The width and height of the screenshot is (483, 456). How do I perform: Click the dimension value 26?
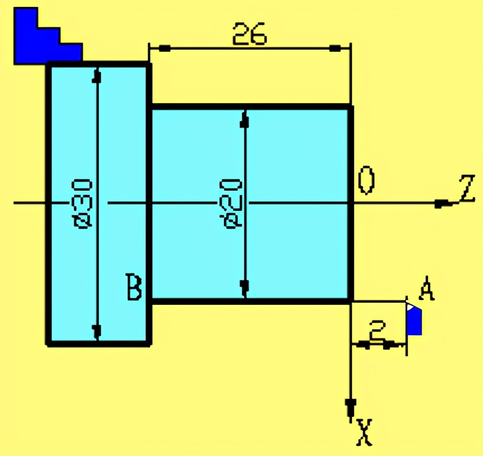point(249,34)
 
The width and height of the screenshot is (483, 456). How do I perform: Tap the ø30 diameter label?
point(85,203)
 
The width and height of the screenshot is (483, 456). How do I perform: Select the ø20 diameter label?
point(233,203)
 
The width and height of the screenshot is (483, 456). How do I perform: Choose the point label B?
point(134,287)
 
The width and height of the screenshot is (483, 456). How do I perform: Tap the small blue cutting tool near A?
point(414,320)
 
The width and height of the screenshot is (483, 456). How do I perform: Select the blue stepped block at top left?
point(43,40)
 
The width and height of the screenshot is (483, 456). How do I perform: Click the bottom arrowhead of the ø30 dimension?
point(97,332)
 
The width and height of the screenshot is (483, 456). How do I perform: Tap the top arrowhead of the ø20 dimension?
point(245,120)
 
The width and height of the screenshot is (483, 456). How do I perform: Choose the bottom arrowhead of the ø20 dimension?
point(245,288)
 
